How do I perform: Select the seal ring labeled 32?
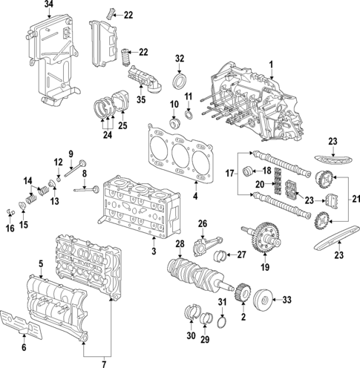[180, 79]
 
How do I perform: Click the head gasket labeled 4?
[174, 153]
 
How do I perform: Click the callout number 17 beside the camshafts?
[229, 174]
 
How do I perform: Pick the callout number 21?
[353, 199]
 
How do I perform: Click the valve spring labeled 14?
[31, 197]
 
